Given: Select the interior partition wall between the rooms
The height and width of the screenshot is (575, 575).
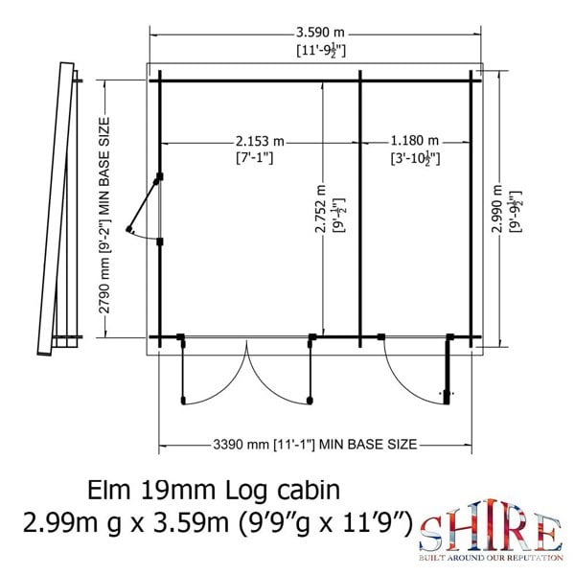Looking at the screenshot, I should [x=358, y=206].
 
